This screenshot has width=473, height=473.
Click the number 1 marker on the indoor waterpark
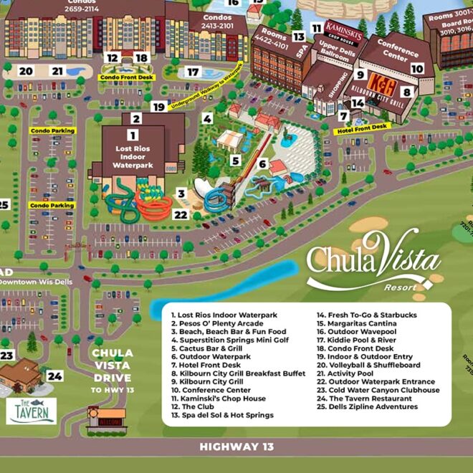point(132,134)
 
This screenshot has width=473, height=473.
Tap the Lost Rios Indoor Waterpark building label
point(133,156)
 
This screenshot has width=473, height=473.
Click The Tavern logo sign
point(33,411)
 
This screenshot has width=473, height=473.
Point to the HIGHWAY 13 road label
point(236,446)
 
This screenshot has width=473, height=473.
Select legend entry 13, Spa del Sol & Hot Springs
point(221,415)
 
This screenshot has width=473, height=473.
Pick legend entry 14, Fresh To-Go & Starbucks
point(366,315)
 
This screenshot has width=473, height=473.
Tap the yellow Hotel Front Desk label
point(361,126)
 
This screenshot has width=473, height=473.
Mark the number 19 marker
point(158,107)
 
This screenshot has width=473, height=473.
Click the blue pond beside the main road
point(222,282)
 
